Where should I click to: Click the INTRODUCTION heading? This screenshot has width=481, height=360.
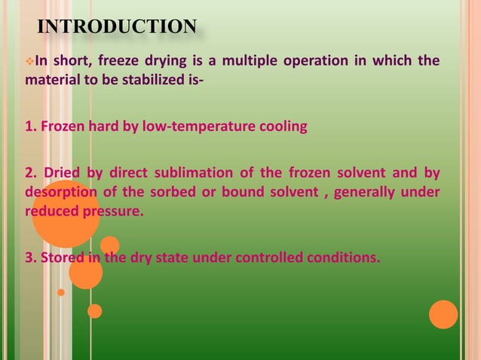(117, 27)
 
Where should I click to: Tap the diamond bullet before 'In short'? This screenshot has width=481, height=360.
(30, 61)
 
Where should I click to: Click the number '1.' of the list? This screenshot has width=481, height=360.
(31, 127)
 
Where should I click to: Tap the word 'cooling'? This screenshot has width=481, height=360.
(283, 127)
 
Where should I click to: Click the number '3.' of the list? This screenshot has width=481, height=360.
(31, 259)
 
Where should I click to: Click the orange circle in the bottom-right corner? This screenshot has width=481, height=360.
(444, 315)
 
